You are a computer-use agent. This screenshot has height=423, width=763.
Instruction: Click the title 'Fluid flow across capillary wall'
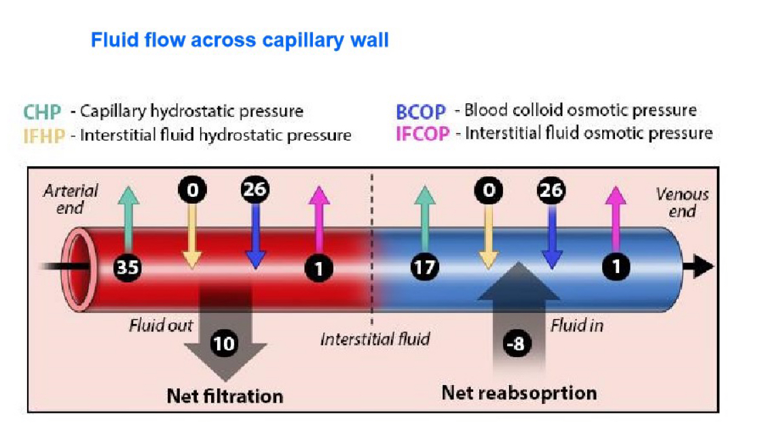coord(240,41)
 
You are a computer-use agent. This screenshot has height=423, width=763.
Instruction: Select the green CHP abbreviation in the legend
coord(42,112)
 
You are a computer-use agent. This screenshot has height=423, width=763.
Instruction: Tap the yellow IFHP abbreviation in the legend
coord(44,136)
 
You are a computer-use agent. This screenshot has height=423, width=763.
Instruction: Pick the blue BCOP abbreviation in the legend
coord(420,111)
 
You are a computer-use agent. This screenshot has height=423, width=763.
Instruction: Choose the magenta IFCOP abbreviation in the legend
coord(422,134)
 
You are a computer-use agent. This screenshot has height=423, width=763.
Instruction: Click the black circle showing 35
coord(128,268)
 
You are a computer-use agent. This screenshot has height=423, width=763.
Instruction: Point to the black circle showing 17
coord(425,268)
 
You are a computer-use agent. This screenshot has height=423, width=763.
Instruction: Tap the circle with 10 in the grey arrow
coord(224,344)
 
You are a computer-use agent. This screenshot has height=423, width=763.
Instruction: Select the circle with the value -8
coord(517,343)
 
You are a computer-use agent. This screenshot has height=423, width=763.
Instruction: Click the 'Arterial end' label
coord(71,199)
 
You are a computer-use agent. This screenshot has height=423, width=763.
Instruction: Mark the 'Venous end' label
coord(682,202)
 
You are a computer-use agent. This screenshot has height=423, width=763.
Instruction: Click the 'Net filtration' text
coord(225,397)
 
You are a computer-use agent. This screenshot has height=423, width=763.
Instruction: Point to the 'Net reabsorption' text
coord(519,393)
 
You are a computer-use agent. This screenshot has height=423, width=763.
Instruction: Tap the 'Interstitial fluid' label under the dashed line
coord(375,339)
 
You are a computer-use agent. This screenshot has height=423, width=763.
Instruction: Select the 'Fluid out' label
coord(161,325)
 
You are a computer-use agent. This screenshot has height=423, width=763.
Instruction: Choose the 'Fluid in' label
coord(576,325)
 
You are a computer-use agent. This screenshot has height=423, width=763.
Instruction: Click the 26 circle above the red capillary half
coord(255,189)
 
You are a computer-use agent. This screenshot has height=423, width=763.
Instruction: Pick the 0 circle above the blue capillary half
coord(489,190)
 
